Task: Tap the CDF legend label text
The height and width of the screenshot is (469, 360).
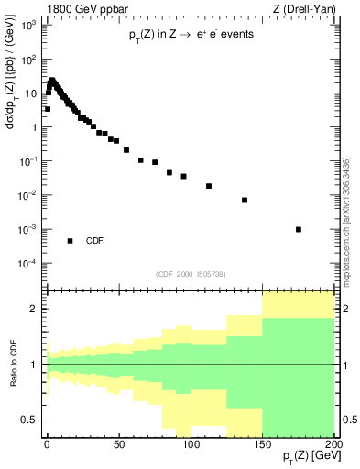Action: pyautogui.click(x=95, y=241)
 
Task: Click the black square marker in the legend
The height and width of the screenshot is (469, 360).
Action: pyautogui.click(x=70, y=241)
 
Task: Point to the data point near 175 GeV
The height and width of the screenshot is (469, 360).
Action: pyautogui.click(x=299, y=229)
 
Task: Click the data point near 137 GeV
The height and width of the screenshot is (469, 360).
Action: pyautogui.click(x=245, y=200)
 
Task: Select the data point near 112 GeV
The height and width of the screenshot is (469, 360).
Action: pyautogui.click(x=209, y=186)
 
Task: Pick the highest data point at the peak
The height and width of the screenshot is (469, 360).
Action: pyautogui.click(x=52, y=81)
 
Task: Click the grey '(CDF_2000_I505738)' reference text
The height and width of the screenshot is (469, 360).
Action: pyautogui.click(x=191, y=273)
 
